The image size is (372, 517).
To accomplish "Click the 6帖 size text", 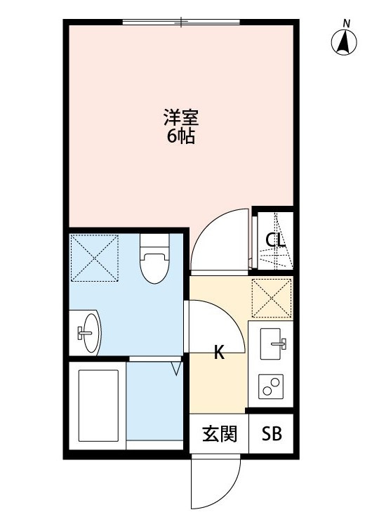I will pyautogui.click(x=180, y=136).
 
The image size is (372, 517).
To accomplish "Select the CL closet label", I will pyautogui.click(x=275, y=241).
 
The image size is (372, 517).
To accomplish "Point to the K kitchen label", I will pyautogui.click(x=219, y=353).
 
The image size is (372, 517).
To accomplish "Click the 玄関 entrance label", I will pyautogui.click(x=219, y=434).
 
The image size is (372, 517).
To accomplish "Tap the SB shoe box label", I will pyautogui.click(x=272, y=434).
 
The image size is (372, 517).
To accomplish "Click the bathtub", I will pyautogui.click(x=97, y=404).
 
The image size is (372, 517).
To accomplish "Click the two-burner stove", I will pyautogui.click(x=271, y=386).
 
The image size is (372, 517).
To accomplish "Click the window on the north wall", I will pyautogui.click(x=181, y=22).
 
